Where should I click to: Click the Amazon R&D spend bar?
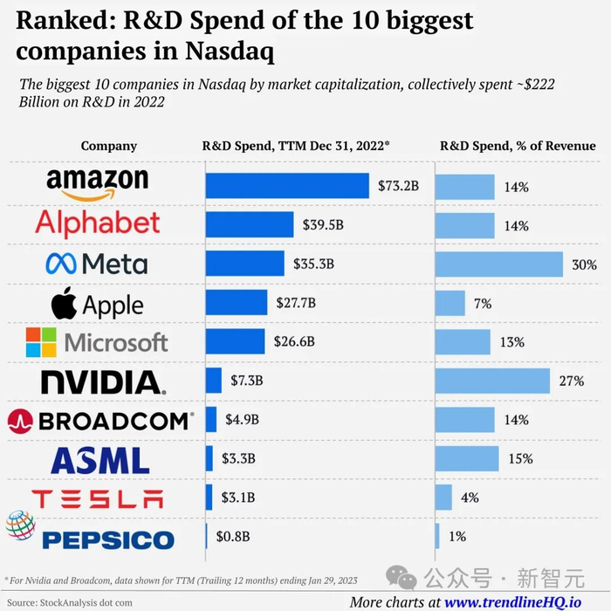[x=287, y=186]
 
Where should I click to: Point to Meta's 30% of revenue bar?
[x=499, y=264]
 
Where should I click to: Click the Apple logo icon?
[x=65, y=304]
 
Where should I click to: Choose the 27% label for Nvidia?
[x=573, y=381]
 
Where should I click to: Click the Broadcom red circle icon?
[x=19, y=422]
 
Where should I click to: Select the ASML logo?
[x=100, y=460]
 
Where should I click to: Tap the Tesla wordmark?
[x=97, y=499]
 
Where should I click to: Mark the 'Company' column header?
[x=109, y=146]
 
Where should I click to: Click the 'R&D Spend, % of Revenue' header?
[x=518, y=146]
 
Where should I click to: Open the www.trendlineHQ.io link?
[x=514, y=601]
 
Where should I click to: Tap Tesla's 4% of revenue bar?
[x=443, y=498]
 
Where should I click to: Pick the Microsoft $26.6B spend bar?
[x=235, y=341]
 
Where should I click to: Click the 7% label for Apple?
[x=483, y=304]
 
